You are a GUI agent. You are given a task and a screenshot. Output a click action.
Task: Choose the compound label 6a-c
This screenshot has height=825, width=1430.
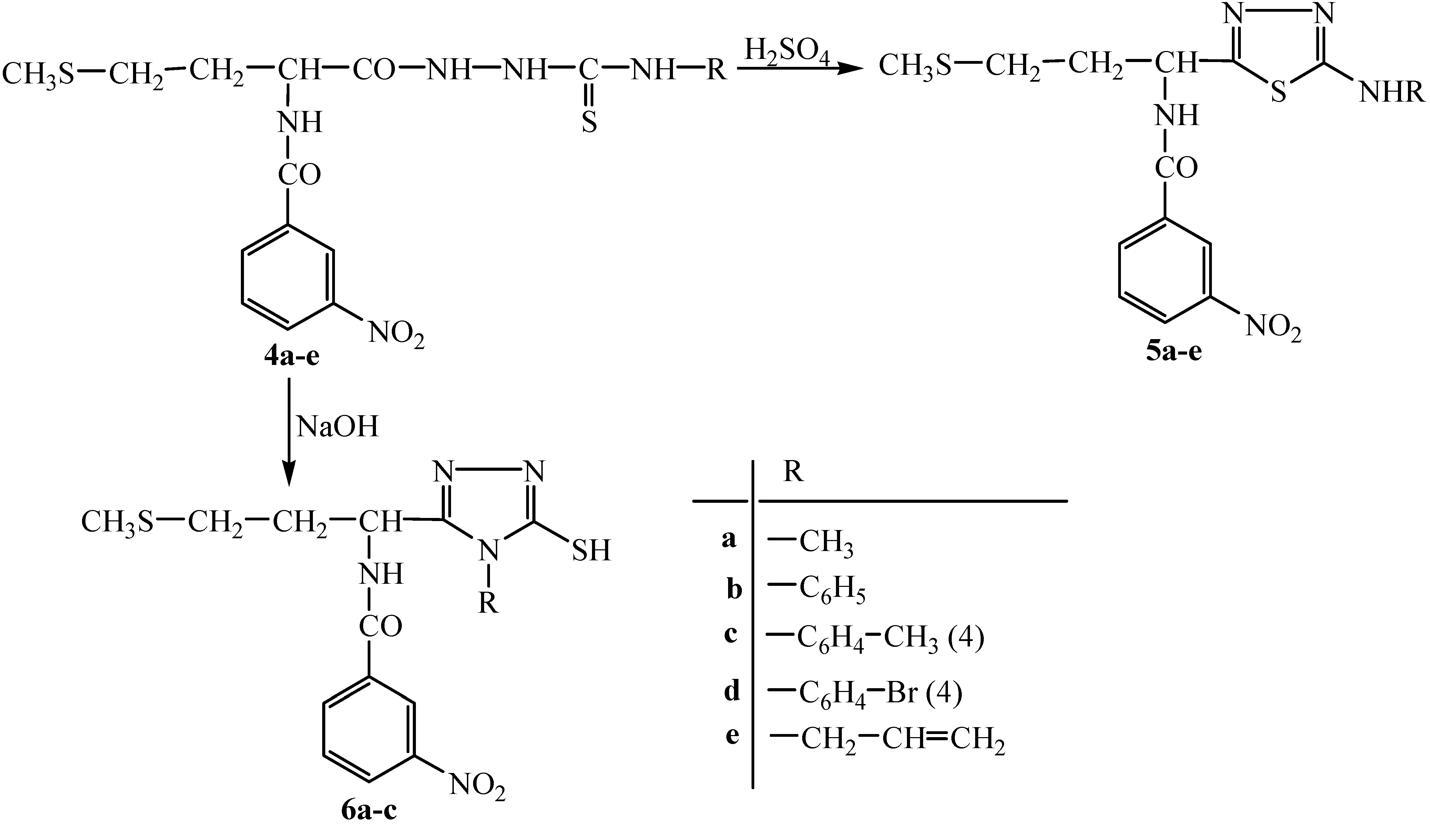pos(369,812)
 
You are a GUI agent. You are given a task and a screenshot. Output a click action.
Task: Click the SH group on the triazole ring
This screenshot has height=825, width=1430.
pos(591,550)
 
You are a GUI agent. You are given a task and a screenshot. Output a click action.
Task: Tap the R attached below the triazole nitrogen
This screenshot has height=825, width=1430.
pos(488,603)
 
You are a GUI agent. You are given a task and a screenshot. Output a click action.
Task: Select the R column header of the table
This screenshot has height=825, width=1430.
pos(793,471)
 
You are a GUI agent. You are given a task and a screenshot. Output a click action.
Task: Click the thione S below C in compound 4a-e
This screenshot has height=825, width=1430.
pos(589,122)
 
